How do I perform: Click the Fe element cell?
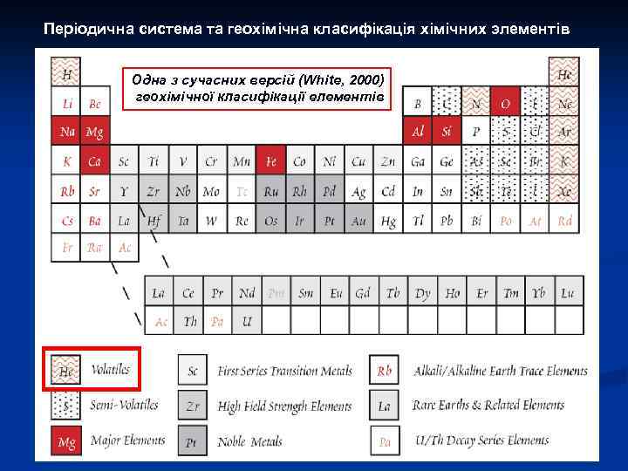(270, 161)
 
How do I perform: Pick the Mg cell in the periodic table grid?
(95, 133)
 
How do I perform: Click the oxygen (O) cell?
(505, 103)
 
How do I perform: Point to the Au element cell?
(358, 221)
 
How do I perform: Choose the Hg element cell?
(388, 221)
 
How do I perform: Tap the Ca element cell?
(95, 161)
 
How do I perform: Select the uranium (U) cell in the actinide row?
(248, 322)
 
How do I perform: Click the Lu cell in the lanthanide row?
(568, 293)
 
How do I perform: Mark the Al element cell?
(418, 133)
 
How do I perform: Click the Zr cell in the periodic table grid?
(154, 191)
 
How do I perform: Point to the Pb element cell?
(447, 221)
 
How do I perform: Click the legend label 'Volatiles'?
(111, 370)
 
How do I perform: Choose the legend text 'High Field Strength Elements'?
(284, 406)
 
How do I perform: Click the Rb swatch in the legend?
(384, 371)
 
